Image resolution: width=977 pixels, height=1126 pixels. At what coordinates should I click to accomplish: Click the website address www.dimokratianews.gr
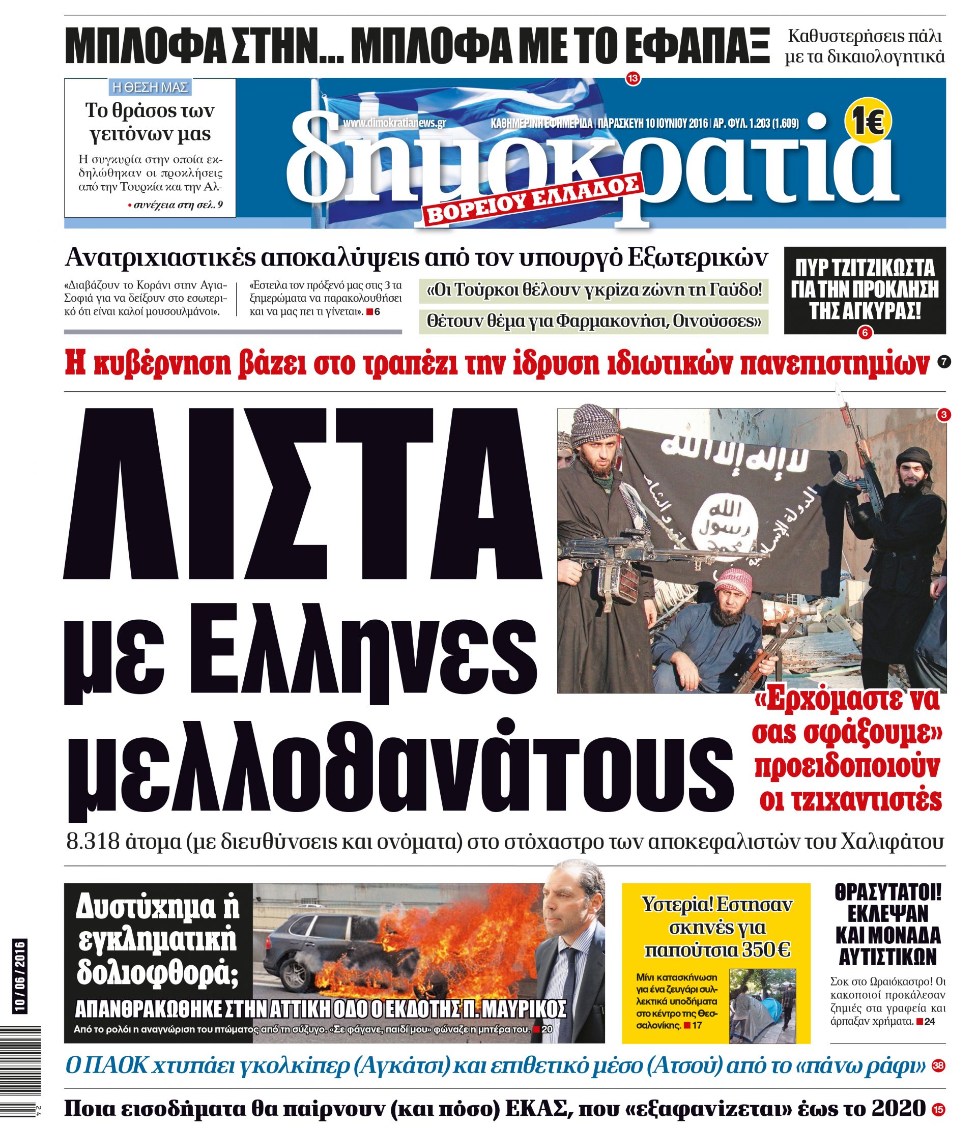(394, 123)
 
